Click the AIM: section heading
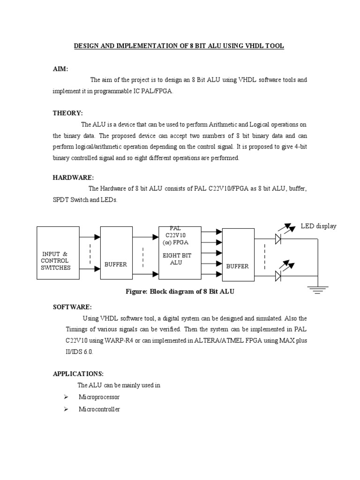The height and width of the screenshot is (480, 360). point(60,69)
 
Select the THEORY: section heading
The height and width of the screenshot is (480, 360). point(67,113)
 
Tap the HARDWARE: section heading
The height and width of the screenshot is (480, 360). point(73,178)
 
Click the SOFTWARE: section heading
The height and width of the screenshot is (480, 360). point(72,307)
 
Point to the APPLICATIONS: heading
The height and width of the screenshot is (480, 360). point(78,374)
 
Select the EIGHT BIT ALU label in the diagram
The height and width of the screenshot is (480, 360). point(176,259)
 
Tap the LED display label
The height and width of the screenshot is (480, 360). point(318,226)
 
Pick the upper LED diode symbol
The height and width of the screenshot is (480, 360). point(278,240)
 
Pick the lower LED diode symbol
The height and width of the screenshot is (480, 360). point(278,276)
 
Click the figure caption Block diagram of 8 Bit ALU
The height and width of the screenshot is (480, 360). point(180,292)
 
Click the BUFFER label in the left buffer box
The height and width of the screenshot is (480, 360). point(115,265)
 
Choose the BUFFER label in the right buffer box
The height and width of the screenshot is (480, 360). point(238,266)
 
